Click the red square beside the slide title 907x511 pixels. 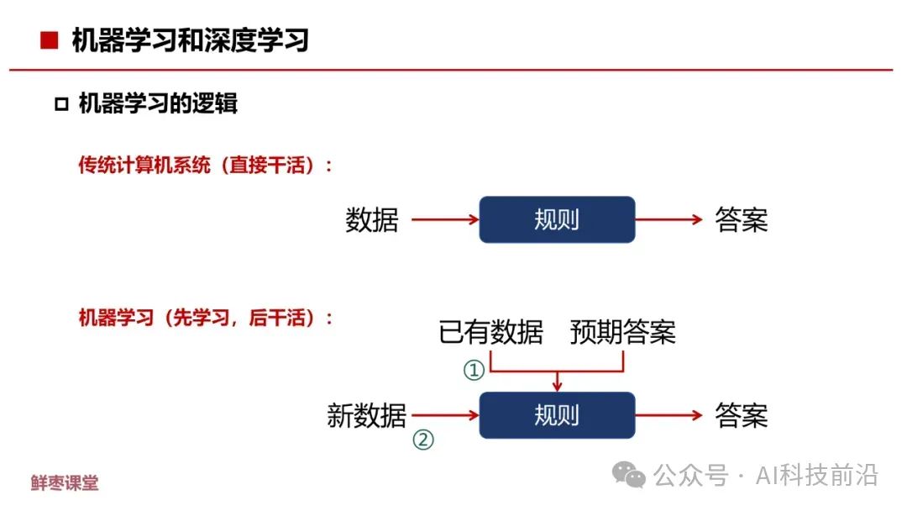50,40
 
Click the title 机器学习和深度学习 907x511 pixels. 191,40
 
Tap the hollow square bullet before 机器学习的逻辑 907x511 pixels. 60,104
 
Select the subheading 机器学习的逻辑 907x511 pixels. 158,103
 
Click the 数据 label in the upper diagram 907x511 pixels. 372,220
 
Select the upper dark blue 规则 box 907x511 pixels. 557,220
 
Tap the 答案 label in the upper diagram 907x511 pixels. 742,220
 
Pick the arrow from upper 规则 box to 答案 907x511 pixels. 668,220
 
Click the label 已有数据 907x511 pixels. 491,332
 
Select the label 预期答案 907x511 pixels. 623,332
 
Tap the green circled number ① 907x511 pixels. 474,369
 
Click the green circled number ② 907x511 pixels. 424,439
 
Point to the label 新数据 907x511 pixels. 367,415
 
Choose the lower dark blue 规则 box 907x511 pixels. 557,415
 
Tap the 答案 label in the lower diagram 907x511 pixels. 742,415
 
